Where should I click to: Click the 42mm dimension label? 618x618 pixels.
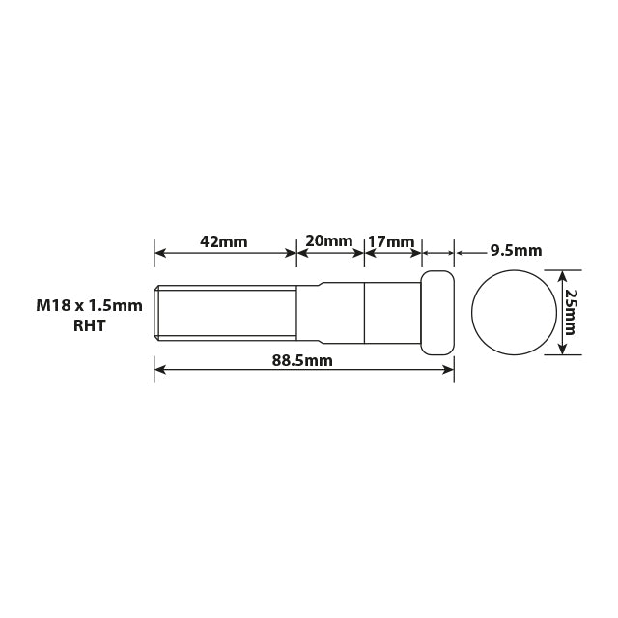[224, 240]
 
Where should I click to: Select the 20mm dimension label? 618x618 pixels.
[329, 240]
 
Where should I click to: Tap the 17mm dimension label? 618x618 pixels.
[391, 240]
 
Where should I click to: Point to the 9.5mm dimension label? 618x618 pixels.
[516, 250]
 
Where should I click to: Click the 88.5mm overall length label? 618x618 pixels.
[302, 360]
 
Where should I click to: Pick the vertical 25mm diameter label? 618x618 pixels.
[571, 312]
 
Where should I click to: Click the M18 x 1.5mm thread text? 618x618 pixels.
[89, 305]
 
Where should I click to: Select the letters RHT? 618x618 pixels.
[89, 326]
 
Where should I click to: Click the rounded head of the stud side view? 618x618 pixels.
[437, 312]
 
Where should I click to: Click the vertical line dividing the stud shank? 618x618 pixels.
[364, 312]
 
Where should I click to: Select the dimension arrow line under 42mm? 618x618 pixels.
[225, 254]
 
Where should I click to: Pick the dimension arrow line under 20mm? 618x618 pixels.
[330, 254]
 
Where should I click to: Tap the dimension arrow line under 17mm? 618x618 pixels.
[393, 254]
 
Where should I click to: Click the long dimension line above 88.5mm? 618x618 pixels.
[303, 369]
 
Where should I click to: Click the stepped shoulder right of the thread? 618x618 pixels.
[309, 312]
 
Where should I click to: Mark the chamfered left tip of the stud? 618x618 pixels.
[156, 312]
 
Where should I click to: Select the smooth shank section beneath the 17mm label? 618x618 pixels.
[392, 312]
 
